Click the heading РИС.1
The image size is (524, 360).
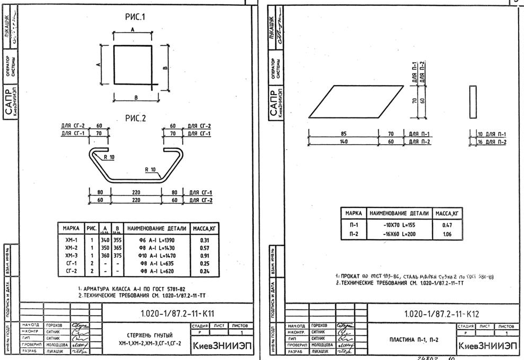(135, 18)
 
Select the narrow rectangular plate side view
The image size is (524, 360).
(472, 102)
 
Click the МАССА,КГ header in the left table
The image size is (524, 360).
(206, 229)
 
